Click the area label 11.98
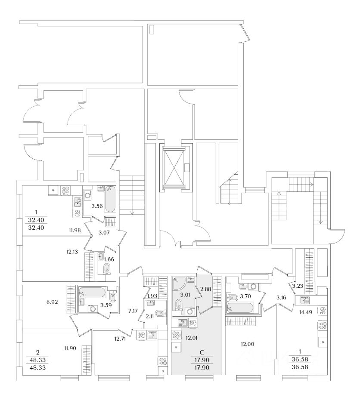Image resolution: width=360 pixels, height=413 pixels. (74, 230)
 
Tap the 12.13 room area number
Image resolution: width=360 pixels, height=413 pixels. (72, 252)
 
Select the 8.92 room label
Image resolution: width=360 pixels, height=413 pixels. (52, 302)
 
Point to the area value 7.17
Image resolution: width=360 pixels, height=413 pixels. (133, 311)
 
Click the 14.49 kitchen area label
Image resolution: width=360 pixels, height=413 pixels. (306, 312)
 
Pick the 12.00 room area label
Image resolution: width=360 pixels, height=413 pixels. (248, 344)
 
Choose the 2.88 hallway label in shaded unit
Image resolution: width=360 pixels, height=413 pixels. (205, 289)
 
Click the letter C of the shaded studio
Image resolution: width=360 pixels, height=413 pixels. (202, 352)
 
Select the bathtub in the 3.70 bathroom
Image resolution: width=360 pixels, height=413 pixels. (240, 308)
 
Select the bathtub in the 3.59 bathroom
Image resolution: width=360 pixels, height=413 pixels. (92, 293)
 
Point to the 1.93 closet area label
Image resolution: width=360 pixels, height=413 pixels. (152, 296)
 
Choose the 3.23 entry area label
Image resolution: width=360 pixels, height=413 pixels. (298, 286)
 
